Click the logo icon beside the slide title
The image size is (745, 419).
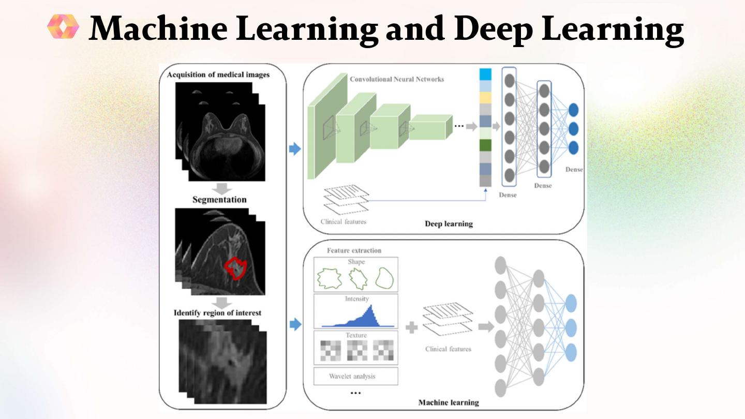63,26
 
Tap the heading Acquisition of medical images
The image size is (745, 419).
218,74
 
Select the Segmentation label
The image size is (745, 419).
219,200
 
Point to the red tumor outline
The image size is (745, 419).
236,268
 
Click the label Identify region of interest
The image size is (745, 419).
217,312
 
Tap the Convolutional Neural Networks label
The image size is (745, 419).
397,79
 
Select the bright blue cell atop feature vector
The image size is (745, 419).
485,74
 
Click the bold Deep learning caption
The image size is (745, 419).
449,224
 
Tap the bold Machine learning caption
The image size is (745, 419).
448,402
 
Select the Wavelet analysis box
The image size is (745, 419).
355,376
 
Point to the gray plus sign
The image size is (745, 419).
411,327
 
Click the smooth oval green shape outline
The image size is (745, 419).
384,278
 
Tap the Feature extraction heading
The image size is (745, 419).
354,250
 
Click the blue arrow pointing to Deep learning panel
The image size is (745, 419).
294,149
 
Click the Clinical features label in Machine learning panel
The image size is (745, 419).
448,349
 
